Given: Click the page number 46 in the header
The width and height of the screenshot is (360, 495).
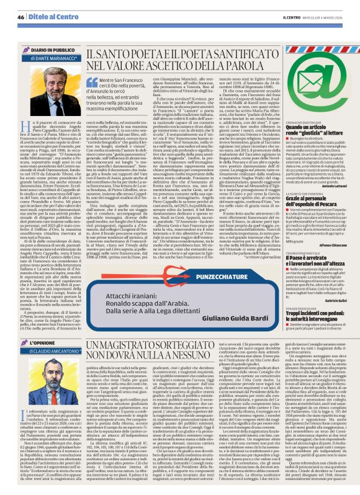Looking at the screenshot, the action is (20, 17).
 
